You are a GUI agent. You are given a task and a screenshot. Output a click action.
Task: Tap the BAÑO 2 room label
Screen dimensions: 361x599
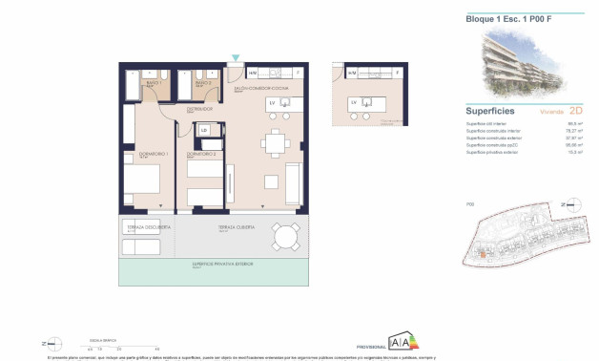point(202,83)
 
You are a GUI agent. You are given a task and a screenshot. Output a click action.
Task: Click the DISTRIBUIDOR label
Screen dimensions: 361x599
point(198,109)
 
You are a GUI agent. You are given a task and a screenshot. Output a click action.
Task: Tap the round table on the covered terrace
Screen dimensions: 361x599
point(283,235)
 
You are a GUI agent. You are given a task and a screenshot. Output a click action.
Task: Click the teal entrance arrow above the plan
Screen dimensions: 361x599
point(235,58)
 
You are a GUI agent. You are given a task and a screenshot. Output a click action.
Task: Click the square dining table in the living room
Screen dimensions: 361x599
point(277,144)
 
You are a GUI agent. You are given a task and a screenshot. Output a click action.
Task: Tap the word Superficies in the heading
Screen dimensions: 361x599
point(490,111)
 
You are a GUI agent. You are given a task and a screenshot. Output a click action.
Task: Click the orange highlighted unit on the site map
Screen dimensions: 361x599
point(484,254)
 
